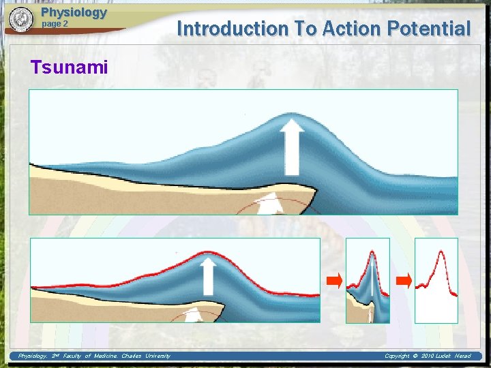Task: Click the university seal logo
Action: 22,20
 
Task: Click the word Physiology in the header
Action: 74,12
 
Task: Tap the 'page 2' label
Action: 55,24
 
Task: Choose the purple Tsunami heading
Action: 70,67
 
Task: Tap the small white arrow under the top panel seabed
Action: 271,203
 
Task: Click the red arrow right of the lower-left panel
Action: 333,280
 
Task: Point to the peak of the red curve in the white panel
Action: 441,252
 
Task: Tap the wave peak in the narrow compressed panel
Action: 372,254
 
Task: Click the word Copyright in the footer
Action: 398,356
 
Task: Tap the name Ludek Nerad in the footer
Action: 456,356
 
